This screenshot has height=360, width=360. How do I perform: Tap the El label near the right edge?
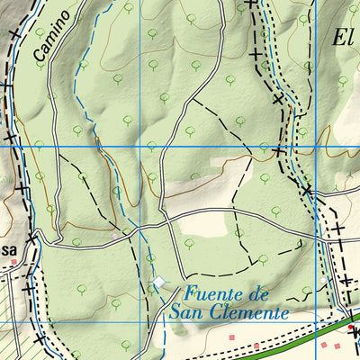coord(342,38)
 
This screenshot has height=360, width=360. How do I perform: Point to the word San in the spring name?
coord(184,313)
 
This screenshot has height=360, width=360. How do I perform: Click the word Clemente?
coord(246,313)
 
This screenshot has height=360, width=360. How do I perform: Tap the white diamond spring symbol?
coord(159,283)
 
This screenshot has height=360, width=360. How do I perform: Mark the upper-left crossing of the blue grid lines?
coord(139,147)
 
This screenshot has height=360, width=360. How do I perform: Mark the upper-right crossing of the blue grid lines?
coord(317,147)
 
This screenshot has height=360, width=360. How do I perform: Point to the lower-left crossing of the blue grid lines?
coord(139,323)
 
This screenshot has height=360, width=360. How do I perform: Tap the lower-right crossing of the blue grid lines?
coord(317,323)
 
